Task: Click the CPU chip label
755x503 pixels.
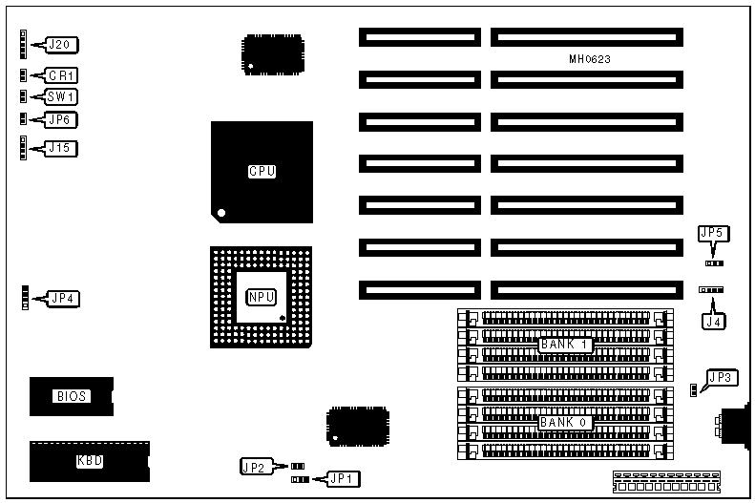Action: (x=262, y=172)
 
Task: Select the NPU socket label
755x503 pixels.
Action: (x=262, y=297)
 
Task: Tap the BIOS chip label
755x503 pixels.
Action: (x=72, y=395)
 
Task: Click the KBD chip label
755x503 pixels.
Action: (x=90, y=461)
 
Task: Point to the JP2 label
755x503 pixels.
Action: (x=254, y=467)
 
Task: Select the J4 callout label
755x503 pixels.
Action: (x=713, y=322)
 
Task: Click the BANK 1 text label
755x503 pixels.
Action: (x=566, y=344)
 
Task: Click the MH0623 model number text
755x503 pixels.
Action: (x=590, y=59)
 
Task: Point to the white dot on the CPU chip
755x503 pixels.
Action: (x=221, y=212)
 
